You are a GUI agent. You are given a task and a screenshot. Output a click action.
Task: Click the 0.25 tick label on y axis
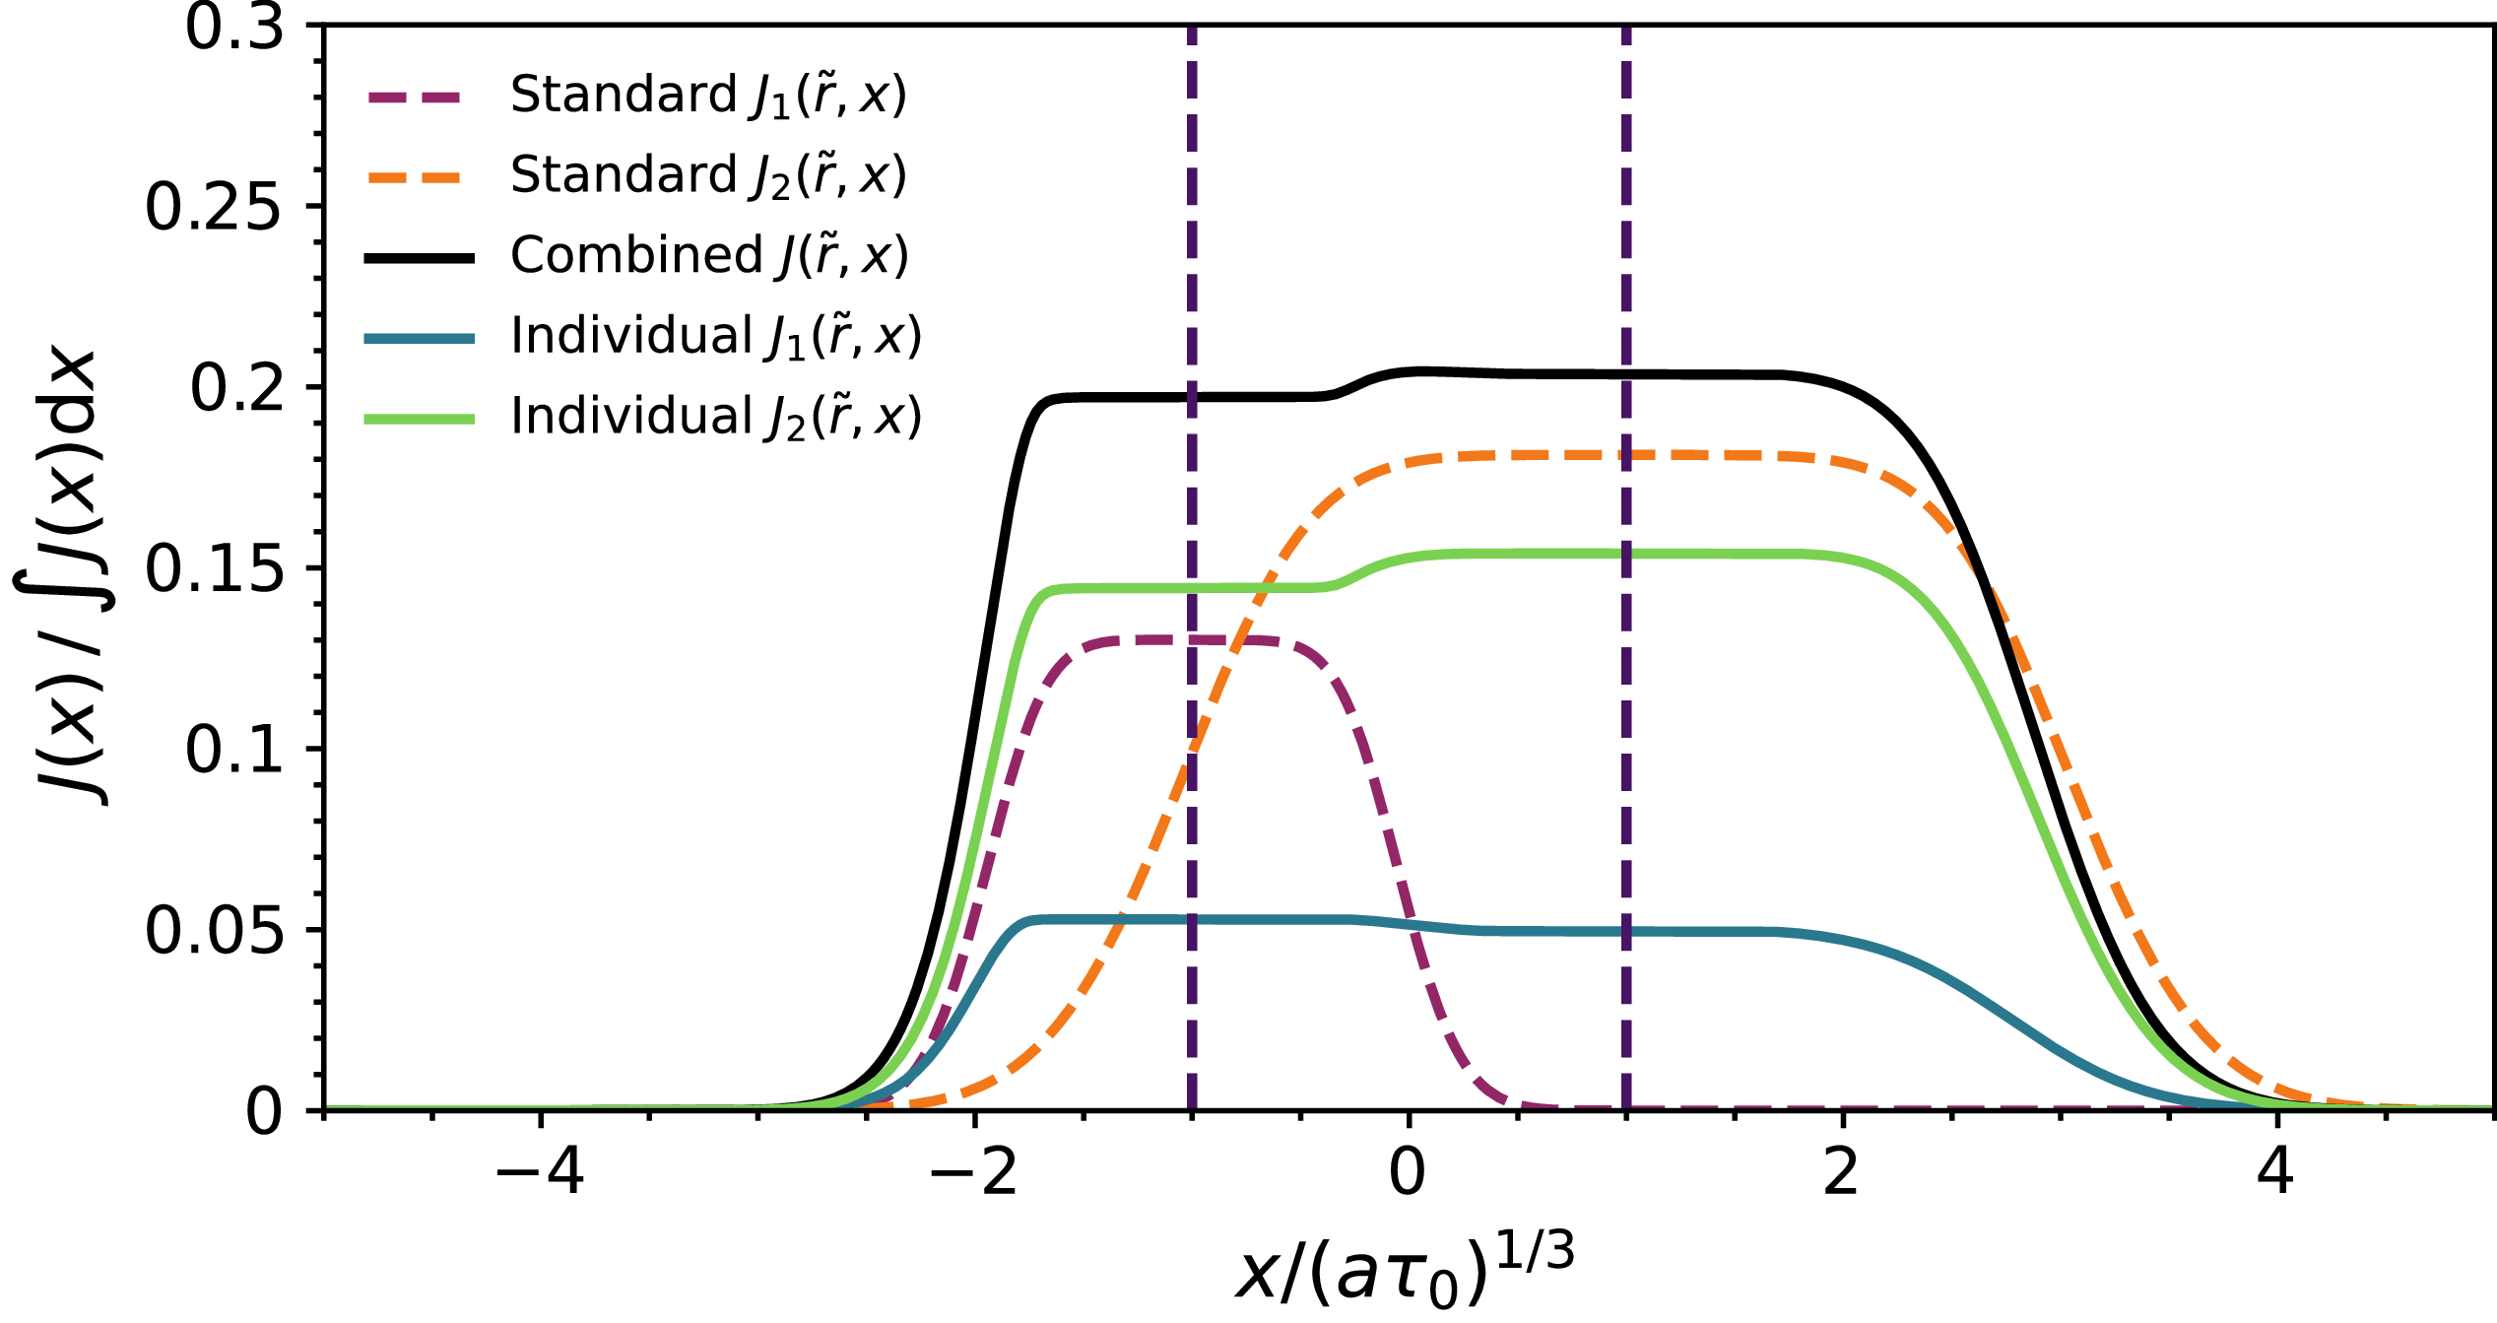[x=213, y=208]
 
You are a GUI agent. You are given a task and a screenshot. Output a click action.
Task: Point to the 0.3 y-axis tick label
[x=234, y=28]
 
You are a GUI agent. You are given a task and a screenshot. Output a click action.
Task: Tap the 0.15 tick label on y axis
[x=213, y=569]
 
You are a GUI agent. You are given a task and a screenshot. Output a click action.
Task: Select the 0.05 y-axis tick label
[x=213, y=931]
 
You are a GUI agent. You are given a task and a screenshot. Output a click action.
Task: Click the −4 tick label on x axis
[x=540, y=1173]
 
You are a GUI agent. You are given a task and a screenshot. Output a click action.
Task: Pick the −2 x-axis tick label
[x=973, y=1173]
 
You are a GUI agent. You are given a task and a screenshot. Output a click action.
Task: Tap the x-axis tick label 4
[x=2275, y=1173]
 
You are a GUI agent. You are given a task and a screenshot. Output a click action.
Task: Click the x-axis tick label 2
[x=1841, y=1173]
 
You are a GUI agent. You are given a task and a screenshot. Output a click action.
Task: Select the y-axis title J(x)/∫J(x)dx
[x=64, y=576]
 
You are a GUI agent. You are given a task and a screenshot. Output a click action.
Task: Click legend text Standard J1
[x=707, y=97]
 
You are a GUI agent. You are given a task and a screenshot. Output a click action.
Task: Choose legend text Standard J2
[x=707, y=176]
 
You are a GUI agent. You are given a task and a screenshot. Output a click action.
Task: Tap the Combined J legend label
[x=708, y=256]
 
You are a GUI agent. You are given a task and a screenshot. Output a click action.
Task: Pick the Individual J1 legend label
[x=715, y=337]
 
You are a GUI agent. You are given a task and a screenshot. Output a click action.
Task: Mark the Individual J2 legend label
[x=715, y=418]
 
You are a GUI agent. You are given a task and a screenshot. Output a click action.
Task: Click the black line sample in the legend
[x=419, y=258]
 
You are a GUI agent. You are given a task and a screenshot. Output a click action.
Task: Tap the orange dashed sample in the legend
[x=419, y=178]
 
